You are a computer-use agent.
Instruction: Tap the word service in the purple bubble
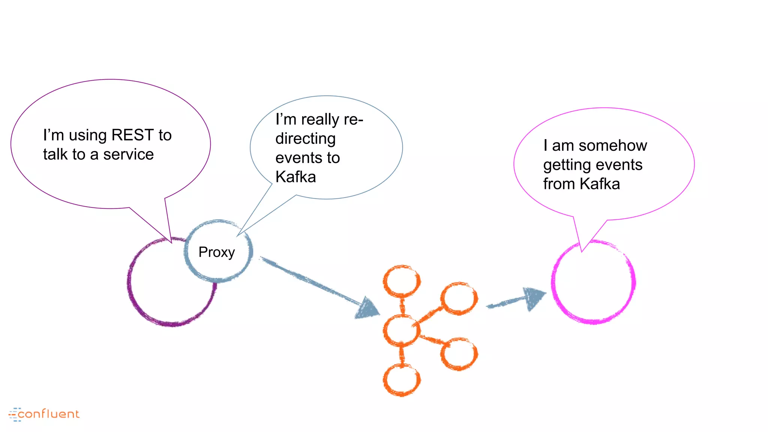(x=128, y=154)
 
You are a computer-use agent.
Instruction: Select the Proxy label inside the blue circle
(x=216, y=252)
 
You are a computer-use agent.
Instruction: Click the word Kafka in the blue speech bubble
(x=295, y=177)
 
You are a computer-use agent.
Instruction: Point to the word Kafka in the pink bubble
(x=600, y=184)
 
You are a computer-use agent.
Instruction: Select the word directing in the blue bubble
(x=305, y=139)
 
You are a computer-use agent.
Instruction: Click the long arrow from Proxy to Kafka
(x=319, y=286)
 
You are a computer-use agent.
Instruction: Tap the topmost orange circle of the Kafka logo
(x=402, y=281)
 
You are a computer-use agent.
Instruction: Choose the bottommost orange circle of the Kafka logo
(x=402, y=380)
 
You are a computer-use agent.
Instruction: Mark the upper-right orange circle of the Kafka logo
(x=459, y=298)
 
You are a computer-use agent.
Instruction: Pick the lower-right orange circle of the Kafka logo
(x=459, y=354)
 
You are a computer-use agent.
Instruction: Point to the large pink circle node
(x=593, y=282)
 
